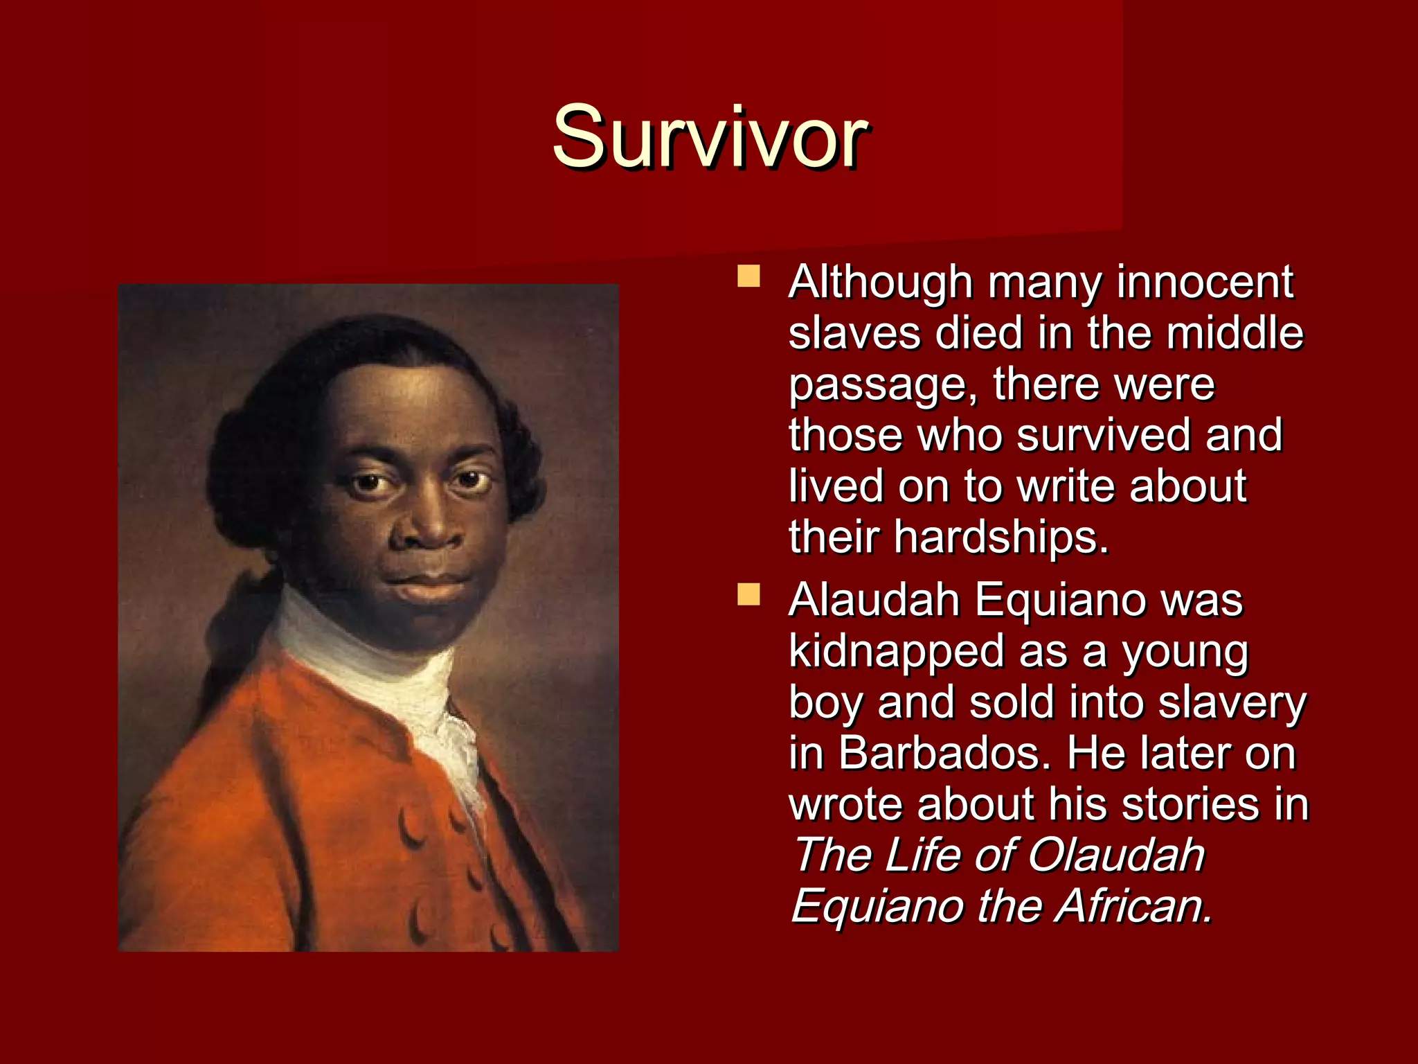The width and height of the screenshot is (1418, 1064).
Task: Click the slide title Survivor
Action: pos(710,136)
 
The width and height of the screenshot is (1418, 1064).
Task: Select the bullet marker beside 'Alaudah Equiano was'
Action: pos(748,594)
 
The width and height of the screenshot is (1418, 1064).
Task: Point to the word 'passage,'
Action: pos(883,385)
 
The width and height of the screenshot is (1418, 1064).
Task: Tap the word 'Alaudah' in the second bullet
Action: pos(874,600)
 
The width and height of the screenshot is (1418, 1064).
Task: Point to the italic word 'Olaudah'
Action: pos(1116,855)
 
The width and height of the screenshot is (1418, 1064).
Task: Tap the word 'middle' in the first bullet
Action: pos(1235,333)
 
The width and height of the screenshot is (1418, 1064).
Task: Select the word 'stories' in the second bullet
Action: pos(1190,804)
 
